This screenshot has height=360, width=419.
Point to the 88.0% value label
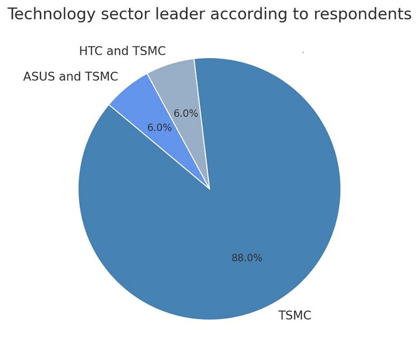click(247, 258)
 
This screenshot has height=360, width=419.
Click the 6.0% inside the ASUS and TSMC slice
click(159, 128)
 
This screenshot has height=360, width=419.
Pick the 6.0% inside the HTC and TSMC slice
click(185, 114)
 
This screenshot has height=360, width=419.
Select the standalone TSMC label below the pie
click(294, 316)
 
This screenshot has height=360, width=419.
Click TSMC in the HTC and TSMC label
click(149, 51)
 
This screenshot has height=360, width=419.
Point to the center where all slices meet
click(209, 189)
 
